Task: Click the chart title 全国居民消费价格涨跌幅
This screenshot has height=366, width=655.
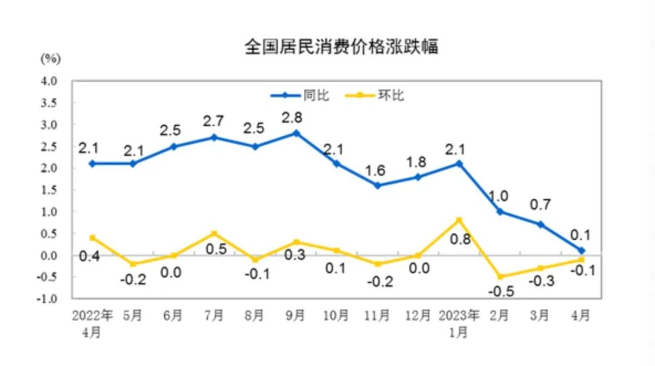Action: point(341,47)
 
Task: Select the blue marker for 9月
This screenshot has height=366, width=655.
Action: point(297,133)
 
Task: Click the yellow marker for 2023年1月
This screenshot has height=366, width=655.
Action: point(459,220)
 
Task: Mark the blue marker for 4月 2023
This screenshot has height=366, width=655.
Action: point(581,250)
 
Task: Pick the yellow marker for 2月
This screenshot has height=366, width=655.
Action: point(500,277)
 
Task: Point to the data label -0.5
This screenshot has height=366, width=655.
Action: point(500,292)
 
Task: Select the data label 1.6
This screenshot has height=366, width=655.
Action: point(377,170)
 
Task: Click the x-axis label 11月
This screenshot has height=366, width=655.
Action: point(377,316)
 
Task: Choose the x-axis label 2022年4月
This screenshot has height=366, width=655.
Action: point(92,323)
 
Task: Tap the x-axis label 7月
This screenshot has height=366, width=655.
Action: point(215,316)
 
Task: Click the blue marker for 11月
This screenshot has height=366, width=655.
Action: point(377,185)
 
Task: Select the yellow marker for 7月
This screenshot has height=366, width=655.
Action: point(215,233)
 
